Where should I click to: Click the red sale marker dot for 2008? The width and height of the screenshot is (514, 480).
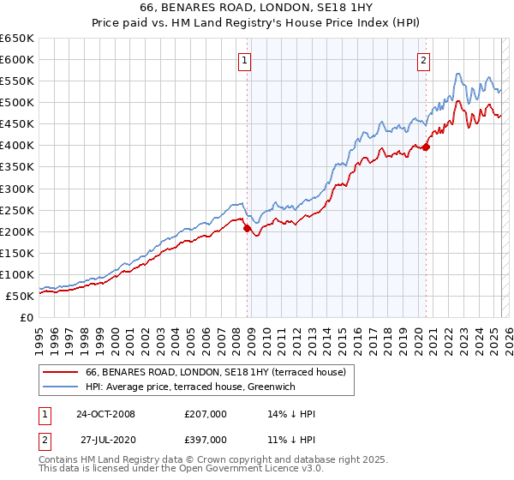[248, 229]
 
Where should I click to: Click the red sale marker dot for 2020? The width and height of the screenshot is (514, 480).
[426, 147]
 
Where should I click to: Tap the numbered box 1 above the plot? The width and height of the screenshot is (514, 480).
[245, 60]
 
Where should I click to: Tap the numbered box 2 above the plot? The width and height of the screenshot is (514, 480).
[423, 60]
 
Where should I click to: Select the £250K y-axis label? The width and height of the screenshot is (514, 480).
[17, 210]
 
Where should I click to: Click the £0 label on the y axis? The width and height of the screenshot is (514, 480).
[26, 317]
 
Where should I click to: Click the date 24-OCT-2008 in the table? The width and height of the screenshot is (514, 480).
[105, 414]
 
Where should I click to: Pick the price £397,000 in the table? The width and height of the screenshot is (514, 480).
[205, 441]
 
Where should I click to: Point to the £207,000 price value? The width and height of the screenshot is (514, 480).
[205, 414]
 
